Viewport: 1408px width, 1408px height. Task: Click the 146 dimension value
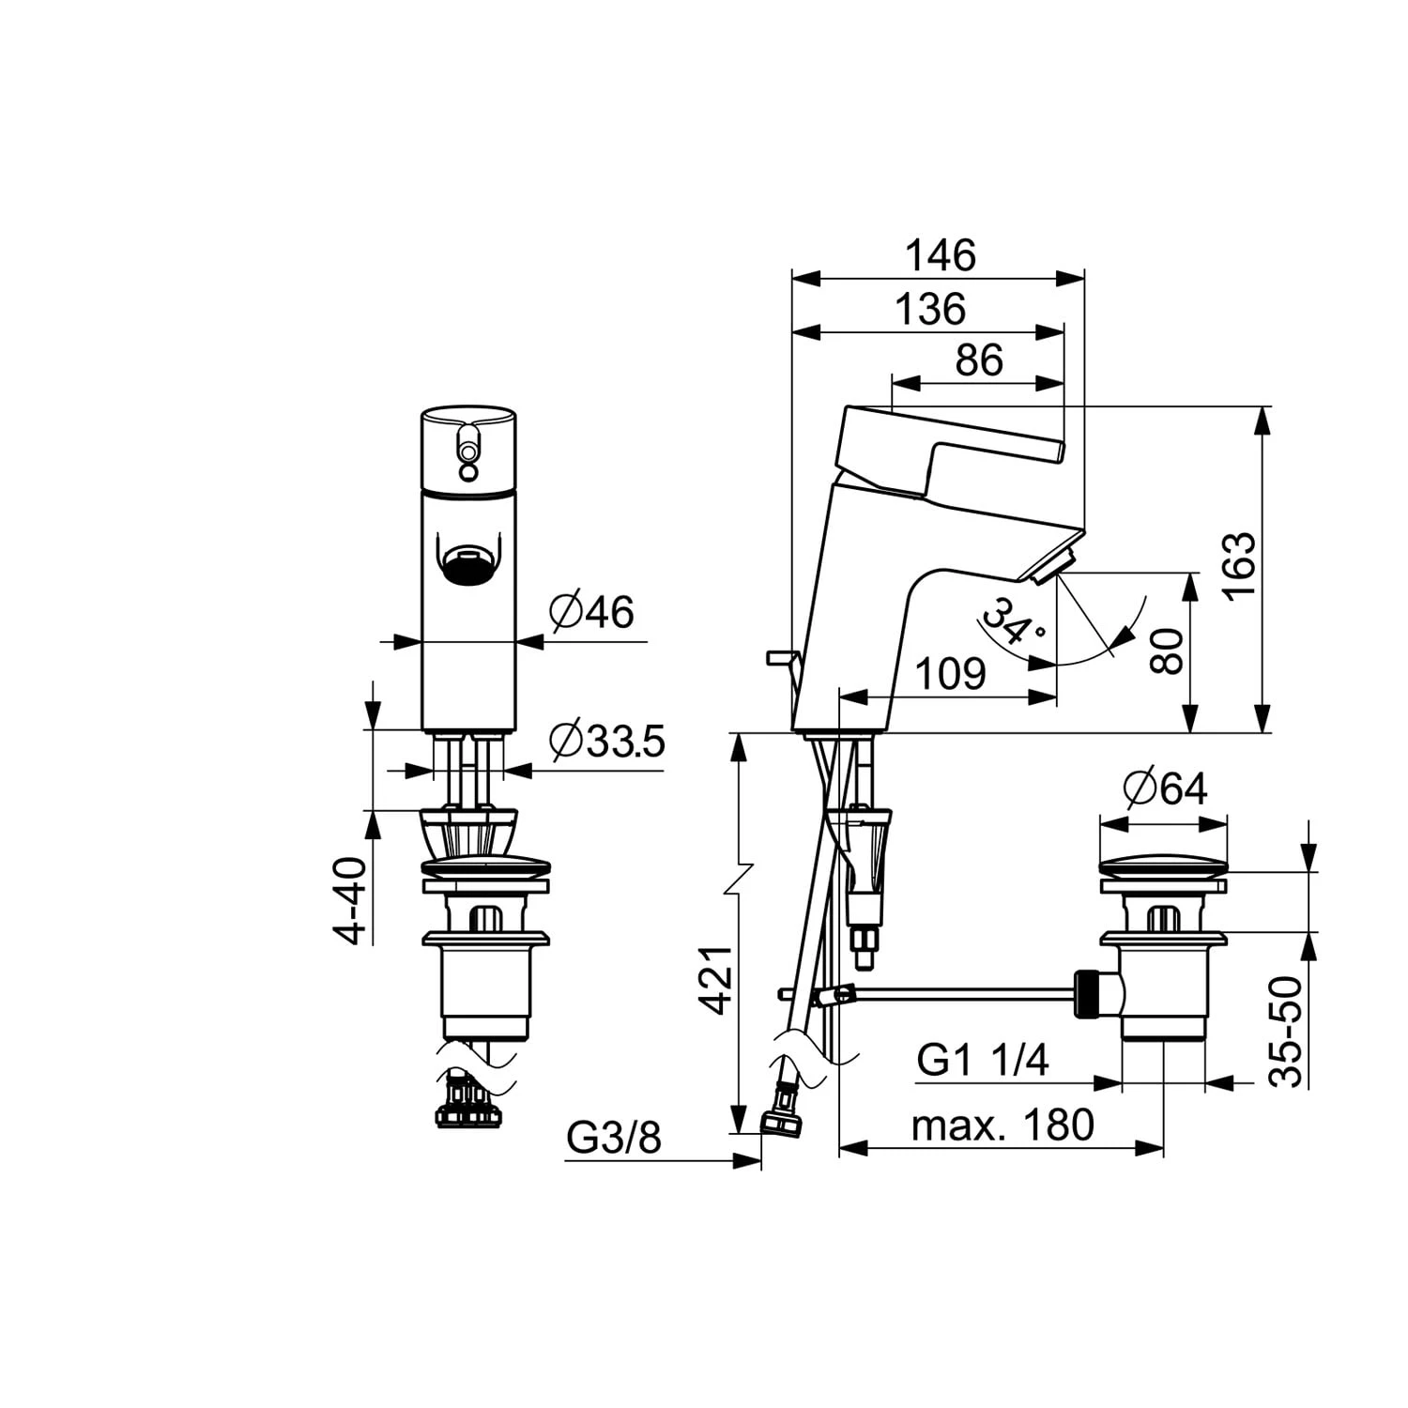pyautogui.click(x=941, y=255)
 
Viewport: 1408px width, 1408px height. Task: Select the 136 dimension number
pyautogui.click(x=930, y=309)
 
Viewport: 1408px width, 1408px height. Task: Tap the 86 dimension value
pyautogui.click(x=979, y=360)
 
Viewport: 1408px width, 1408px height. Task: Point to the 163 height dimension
pyautogui.click(x=1239, y=564)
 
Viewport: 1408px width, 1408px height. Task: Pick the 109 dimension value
pyautogui.click(x=951, y=674)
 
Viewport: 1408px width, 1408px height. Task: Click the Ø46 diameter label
pyautogui.click(x=592, y=612)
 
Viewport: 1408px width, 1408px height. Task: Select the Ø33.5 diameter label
pyautogui.click(x=607, y=742)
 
